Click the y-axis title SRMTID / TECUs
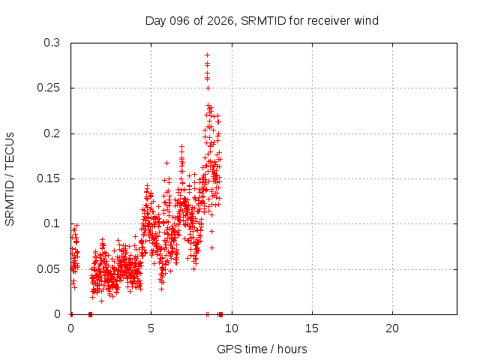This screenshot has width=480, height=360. [x=10, y=178]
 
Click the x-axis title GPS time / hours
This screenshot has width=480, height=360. [x=262, y=349]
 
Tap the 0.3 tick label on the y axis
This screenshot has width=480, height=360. [x=51, y=43]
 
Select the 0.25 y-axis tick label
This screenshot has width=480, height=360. [x=48, y=88]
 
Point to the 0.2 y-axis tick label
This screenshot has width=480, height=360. [x=51, y=133]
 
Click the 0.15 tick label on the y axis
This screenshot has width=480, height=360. [x=48, y=178]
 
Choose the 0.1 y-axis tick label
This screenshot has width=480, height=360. [x=51, y=223]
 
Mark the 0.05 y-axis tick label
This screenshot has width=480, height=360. [x=48, y=268]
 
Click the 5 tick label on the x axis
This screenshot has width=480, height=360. [x=151, y=328]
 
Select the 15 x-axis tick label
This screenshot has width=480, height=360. [x=311, y=328]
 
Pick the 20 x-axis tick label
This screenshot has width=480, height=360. [x=391, y=328]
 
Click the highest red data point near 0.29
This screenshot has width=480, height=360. [x=207, y=55]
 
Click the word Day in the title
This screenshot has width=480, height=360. [x=154, y=20]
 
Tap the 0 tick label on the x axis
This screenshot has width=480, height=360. [x=70, y=328]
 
